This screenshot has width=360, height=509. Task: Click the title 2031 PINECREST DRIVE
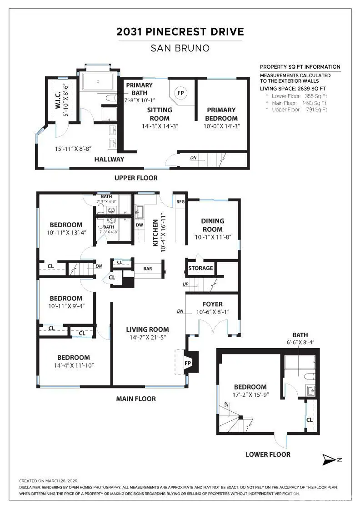point(180,32)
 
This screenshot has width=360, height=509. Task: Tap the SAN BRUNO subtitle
point(180,48)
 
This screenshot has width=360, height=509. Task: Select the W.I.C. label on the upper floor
point(59,98)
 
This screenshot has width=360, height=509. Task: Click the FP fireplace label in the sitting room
point(180,93)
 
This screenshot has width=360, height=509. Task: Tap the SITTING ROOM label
point(160,114)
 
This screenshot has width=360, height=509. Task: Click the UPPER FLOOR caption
point(136,178)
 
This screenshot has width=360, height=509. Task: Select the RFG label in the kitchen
point(180,200)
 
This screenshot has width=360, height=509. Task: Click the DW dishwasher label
point(139,225)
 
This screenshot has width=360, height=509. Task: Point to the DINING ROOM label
point(212,225)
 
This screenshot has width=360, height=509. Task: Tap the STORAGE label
point(200,268)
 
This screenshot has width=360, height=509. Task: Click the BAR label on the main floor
point(147,269)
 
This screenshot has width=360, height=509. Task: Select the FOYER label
point(212,304)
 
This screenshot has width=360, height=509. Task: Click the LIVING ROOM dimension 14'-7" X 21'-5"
point(147,338)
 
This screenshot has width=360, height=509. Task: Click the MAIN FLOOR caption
point(136,399)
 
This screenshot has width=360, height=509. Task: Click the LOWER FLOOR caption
point(268,454)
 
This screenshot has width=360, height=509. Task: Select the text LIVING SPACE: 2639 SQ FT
point(293,88)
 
